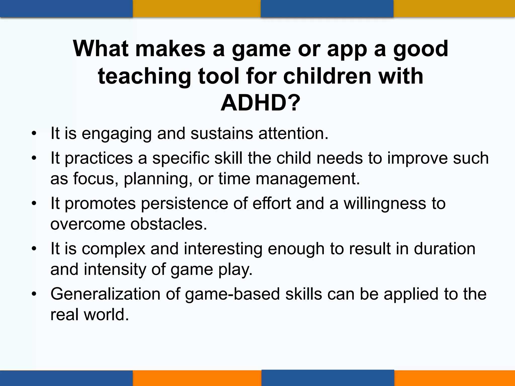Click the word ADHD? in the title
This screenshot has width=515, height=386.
pos(260,103)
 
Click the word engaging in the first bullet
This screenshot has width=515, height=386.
pos(116,133)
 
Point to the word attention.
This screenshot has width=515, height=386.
pos(293,133)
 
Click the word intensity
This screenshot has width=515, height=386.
pos(115,269)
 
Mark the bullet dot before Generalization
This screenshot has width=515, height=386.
pos(34,294)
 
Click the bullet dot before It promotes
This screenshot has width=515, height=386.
pos(34,203)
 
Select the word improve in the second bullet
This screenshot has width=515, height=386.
pos(417,158)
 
